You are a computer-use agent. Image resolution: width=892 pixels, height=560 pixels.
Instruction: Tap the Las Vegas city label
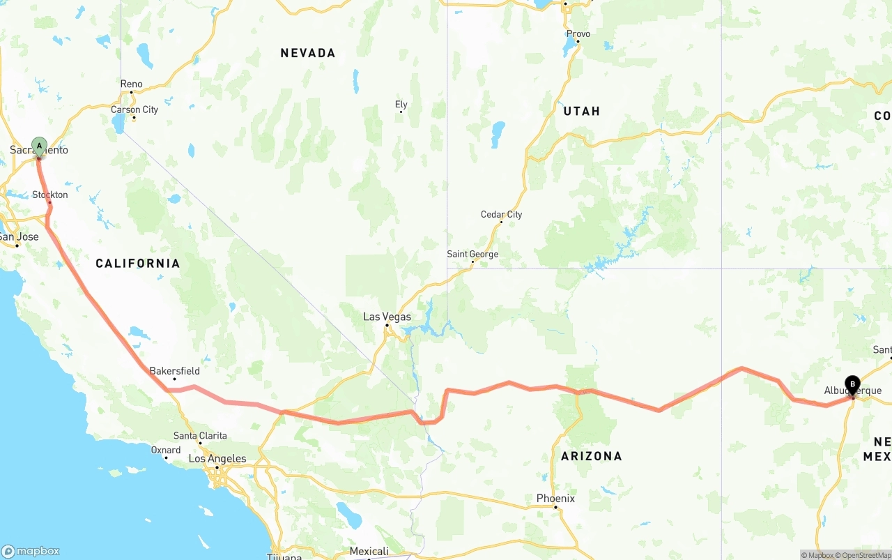pyautogui.click(x=387, y=317)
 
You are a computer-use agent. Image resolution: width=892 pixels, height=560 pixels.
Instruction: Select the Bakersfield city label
pyautogui.click(x=174, y=371)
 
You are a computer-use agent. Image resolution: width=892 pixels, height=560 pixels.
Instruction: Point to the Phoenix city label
pyautogui.click(x=555, y=499)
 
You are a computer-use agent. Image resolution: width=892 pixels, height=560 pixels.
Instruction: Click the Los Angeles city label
pyautogui.click(x=217, y=459)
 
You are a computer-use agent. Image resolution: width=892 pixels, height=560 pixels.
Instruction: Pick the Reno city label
pyautogui.click(x=131, y=84)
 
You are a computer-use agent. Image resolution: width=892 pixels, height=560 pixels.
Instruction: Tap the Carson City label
pyautogui.click(x=134, y=109)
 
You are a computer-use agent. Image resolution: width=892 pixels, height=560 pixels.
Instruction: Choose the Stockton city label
pyautogui.click(x=50, y=195)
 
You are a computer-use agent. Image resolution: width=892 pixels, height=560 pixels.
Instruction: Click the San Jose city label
pyautogui.click(x=20, y=236)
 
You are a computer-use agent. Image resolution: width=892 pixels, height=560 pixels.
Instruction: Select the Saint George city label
pyautogui.click(x=472, y=255)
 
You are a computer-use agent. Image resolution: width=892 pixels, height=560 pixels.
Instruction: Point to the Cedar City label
pyautogui.click(x=501, y=214)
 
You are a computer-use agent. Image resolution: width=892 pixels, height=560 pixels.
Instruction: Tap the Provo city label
pyautogui.click(x=578, y=33)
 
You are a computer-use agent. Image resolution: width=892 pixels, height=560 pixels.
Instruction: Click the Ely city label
pyautogui.click(x=401, y=105)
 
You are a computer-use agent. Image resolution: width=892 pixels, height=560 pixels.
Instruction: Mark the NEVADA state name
pyautogui.click(x=308, y=53)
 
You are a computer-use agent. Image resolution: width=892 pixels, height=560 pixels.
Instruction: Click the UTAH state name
pyautogui.click(x=581, y=111)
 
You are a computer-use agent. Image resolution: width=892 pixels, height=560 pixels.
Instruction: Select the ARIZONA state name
pyautogui.click(x=592, y=456)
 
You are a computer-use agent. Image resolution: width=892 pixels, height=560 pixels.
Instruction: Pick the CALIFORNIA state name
pyautogui.click(x=138, y=263)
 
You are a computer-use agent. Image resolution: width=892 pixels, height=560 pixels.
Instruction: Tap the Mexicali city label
pyautogui.click(x=369, y=552)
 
